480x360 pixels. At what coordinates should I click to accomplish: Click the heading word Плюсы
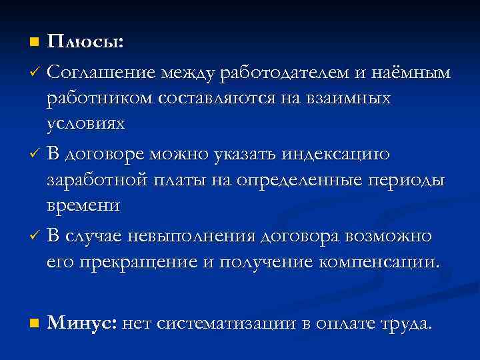85,42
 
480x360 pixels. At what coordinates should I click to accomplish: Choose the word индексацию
339,155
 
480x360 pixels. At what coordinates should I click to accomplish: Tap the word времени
83,206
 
